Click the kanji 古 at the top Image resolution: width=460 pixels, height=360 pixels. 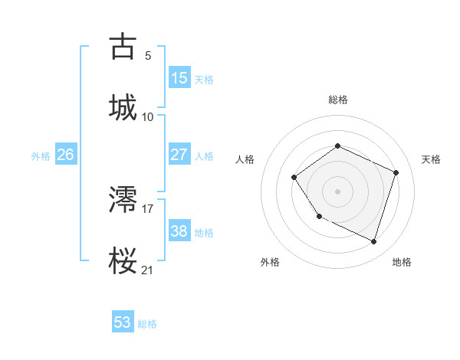click(123, 47)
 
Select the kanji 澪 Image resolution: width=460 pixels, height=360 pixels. click(123, 201)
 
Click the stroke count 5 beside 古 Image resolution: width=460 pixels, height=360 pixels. click(148, 55)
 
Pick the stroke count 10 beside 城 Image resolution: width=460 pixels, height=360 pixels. click(148, 116)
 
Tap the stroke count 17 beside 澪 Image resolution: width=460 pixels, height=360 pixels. click(148, 208)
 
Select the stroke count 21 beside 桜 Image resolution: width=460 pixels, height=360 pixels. click(148, 270)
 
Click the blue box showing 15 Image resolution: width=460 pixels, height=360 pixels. click(179, 78)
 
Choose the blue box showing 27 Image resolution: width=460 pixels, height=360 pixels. click(179, 155)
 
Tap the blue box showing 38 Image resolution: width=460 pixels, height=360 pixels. click(179, 231)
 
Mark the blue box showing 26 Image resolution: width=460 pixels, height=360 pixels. click(65, 155)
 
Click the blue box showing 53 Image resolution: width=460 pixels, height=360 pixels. click(123, 322)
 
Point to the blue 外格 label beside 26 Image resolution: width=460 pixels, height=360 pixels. click(41, 155)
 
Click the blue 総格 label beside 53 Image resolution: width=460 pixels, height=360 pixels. click(148, 324)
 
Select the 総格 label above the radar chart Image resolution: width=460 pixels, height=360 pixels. click(338, 100)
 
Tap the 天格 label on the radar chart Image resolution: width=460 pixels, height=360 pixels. click(431, 159)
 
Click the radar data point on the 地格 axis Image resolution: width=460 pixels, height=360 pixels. click(373, 242)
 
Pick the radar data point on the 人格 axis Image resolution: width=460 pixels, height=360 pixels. click(295, 178)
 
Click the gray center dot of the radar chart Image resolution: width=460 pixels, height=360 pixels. click(337, 191)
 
